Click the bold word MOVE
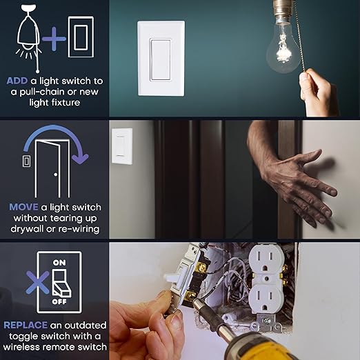(23, 206)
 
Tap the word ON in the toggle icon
(59, 262)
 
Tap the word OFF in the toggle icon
(59, 302)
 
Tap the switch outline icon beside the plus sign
(80, 37)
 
